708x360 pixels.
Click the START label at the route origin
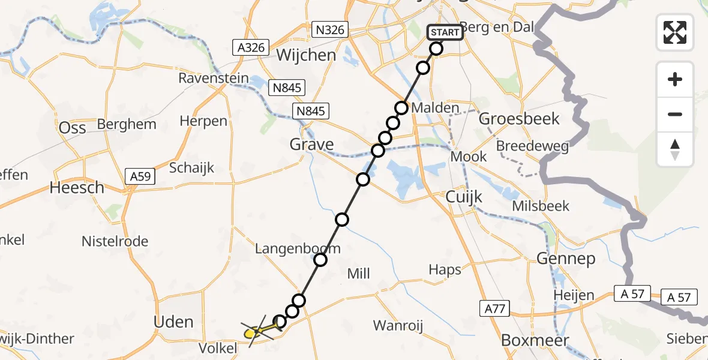(x=445, y=32)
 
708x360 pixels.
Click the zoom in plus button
(x=675, y=79)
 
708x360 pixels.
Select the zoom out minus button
(x=675, y=114)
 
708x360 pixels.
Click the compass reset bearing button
(x=675, y=149)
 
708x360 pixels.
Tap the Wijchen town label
(x=306, y=56)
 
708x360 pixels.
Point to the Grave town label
(x=311, y=145)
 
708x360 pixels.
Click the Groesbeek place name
(x=519, y=119)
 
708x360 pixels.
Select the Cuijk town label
(x=464, y=197)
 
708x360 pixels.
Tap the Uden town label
(x=173, y=322)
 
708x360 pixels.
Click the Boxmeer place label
(x=526, y=340)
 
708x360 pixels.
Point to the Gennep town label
(x=566, y=259)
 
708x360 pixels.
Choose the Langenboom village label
(x=298, y=248)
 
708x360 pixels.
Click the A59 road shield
(x=140, y=176)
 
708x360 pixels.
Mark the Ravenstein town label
(x=213, y=79)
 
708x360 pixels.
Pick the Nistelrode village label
(x=115, y=242)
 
